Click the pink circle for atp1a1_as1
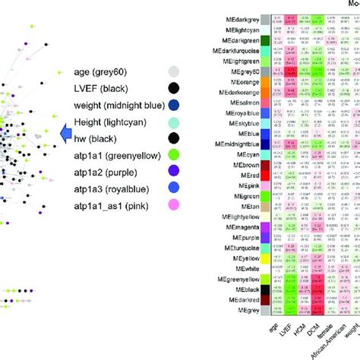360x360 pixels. [x=174, y=205]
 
